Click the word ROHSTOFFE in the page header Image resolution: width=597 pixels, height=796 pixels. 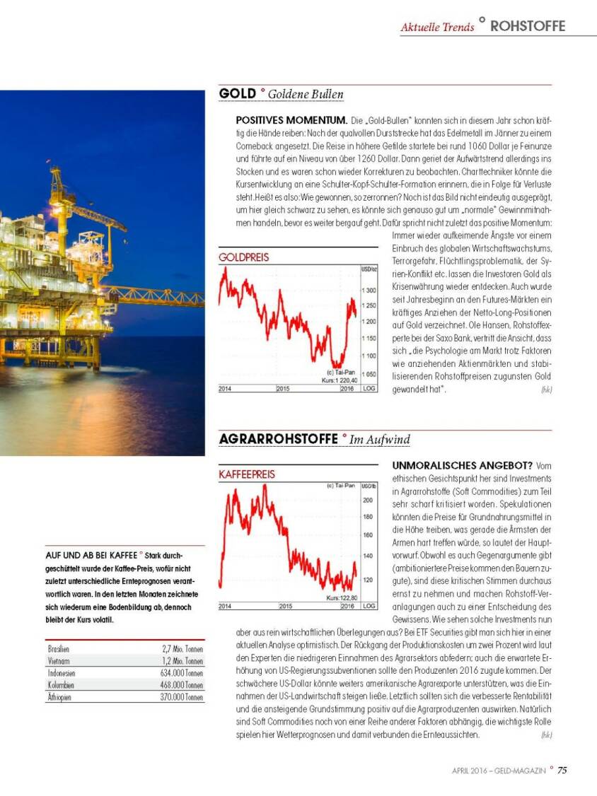[528, 26]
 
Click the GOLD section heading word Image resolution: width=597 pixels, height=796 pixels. [237, 93]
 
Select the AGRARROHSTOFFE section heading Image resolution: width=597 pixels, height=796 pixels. [278, 439]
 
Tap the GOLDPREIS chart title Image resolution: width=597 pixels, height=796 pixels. [244, 258]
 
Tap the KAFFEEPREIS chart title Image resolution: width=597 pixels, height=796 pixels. [247, 474]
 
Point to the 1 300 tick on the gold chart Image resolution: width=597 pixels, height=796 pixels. [368, 291]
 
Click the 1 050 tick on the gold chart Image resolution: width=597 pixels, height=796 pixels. [368, 375]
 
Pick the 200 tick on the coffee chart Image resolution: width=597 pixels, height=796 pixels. [367, 500]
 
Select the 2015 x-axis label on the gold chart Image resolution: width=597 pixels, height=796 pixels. [282, 389]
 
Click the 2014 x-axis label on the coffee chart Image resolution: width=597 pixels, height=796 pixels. [225, 607]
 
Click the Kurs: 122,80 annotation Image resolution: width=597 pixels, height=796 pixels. [340, 598]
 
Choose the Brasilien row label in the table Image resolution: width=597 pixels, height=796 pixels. [59, 648]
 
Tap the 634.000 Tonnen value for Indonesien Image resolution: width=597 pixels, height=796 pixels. [182, 673]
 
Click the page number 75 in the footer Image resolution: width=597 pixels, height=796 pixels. [562, 771]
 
